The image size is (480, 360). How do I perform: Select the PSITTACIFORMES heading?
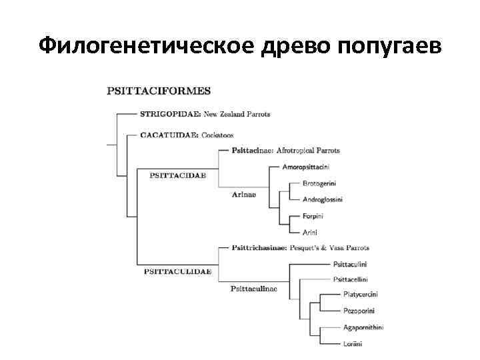[x=159, y=90]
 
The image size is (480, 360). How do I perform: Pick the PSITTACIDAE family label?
[x=177, y=175]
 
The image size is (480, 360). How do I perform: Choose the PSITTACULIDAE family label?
[x=177, y=271]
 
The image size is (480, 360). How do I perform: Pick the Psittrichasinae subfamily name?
[x=259, y=248]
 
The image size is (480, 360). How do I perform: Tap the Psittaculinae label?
[x=254, y=289]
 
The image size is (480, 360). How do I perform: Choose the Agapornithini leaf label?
[x=363, y=327]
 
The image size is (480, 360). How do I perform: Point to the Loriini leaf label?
[x=353, y=344]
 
